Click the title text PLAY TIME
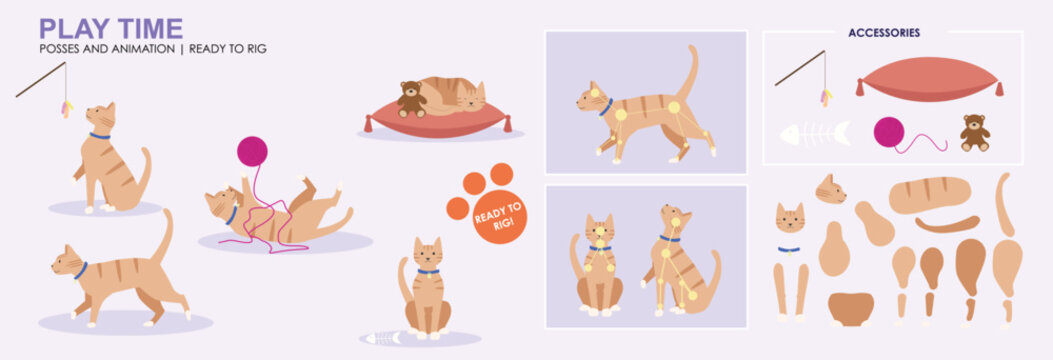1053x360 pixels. (x=110, y=28)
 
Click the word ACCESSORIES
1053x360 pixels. (x=883, y=33)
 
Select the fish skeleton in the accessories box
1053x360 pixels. (x=814, y=133)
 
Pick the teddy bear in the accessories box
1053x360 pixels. (x=974, y=132)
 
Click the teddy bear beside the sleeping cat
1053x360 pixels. (x=410, y=99)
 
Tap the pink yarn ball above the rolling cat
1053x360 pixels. (x=252, y=151)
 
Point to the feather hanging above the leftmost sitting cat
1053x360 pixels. (x=67, y=107)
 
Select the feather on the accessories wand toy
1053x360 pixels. (x=826, y=96)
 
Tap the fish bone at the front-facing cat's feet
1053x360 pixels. (x=382, y=338)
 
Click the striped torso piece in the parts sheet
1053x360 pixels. (x=929, y=194)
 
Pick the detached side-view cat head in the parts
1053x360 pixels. (x=830, y=189)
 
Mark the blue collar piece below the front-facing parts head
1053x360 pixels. (x=789, y=250)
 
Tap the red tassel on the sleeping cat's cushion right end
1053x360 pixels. (x=508, y=125)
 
